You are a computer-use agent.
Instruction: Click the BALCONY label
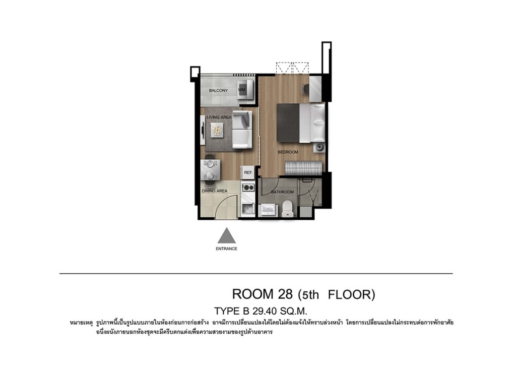pos(218,91)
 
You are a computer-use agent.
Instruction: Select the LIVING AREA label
pos(219,117)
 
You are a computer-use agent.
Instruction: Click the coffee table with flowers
pos(217,129)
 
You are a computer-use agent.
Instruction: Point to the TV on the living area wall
pos(203,129)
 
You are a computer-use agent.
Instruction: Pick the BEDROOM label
pos(288,152)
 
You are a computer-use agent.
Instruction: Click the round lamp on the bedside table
pos(319,147)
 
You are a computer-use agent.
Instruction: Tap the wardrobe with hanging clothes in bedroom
pos(303,168)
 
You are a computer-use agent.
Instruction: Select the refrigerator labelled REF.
pos(248,172)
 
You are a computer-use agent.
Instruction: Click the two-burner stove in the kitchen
pos(248,188)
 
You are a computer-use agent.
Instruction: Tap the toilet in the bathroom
pos(288,209)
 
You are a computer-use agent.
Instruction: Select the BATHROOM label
pos(282,192)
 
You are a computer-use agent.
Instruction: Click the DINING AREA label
pos(215,191)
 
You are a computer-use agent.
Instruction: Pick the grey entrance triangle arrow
pos(226,235)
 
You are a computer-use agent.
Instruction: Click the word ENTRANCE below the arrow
pos(226,249)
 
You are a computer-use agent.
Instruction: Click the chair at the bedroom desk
pos(305,89)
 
